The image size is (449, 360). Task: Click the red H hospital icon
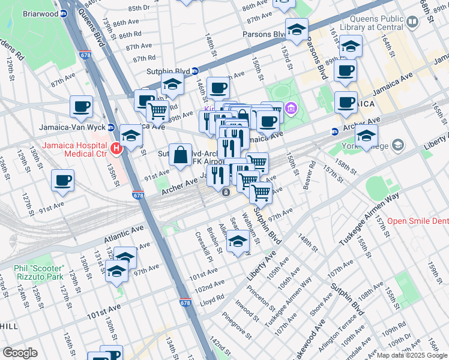[116, 146]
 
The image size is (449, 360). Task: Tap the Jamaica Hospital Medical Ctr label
[75, 151]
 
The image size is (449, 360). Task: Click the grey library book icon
[412, 22]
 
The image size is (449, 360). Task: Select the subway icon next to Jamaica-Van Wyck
[111, 127]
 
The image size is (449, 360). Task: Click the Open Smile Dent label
[417, 221]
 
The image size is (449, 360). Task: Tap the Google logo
[20, 352]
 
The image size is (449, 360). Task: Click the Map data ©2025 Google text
[412, 355]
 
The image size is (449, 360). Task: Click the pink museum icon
[291, 109]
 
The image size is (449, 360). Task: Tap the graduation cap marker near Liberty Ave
[238, 242]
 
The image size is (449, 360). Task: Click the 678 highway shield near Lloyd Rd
[185, 303]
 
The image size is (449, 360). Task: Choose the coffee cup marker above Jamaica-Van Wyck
[81, 107]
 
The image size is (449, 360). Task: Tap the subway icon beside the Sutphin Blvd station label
[195, 71]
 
